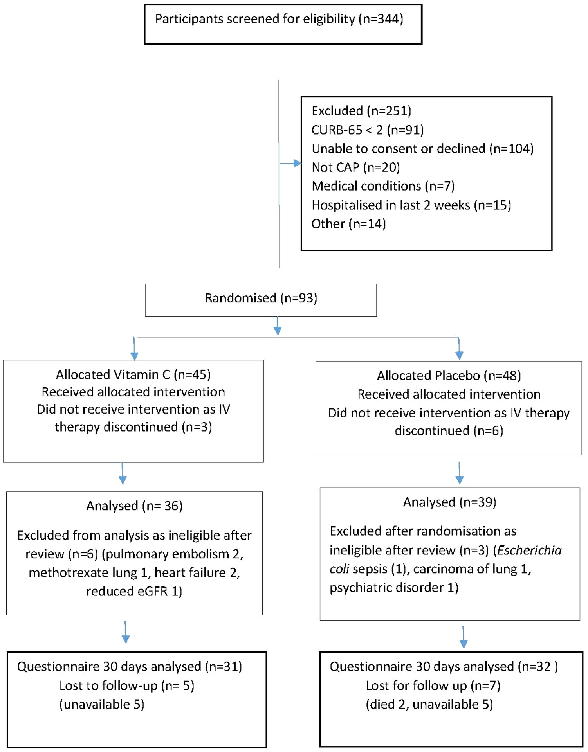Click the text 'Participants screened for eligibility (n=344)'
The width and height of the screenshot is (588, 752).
[279, 19]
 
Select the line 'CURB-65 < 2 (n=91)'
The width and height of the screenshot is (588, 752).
[367, 130]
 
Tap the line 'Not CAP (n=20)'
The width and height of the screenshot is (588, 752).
[355, 167]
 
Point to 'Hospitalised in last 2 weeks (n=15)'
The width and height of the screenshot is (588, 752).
[411, 205]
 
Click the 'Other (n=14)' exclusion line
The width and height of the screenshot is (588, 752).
[348, 224]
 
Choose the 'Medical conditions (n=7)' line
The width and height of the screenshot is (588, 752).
[383, 186]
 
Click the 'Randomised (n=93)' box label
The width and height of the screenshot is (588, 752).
[261, 298]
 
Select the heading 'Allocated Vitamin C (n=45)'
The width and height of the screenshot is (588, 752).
[133, 374]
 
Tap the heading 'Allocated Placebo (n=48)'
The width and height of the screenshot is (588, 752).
[449, 376]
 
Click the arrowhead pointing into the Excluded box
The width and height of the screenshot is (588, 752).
[298, 163]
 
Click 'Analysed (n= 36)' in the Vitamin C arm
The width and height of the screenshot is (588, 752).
[134, 506]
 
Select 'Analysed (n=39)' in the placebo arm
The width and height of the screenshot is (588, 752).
[449, 502]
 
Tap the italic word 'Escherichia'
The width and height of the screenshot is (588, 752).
[529, 551]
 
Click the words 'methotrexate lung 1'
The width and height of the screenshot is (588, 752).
[90, 573]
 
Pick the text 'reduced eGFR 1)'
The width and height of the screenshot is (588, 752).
[134, 591]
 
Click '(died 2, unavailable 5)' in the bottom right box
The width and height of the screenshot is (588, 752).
[429, 704]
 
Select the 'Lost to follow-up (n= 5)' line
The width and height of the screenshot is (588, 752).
[127, 685]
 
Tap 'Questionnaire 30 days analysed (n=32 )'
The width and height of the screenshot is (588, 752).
[444, 667]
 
